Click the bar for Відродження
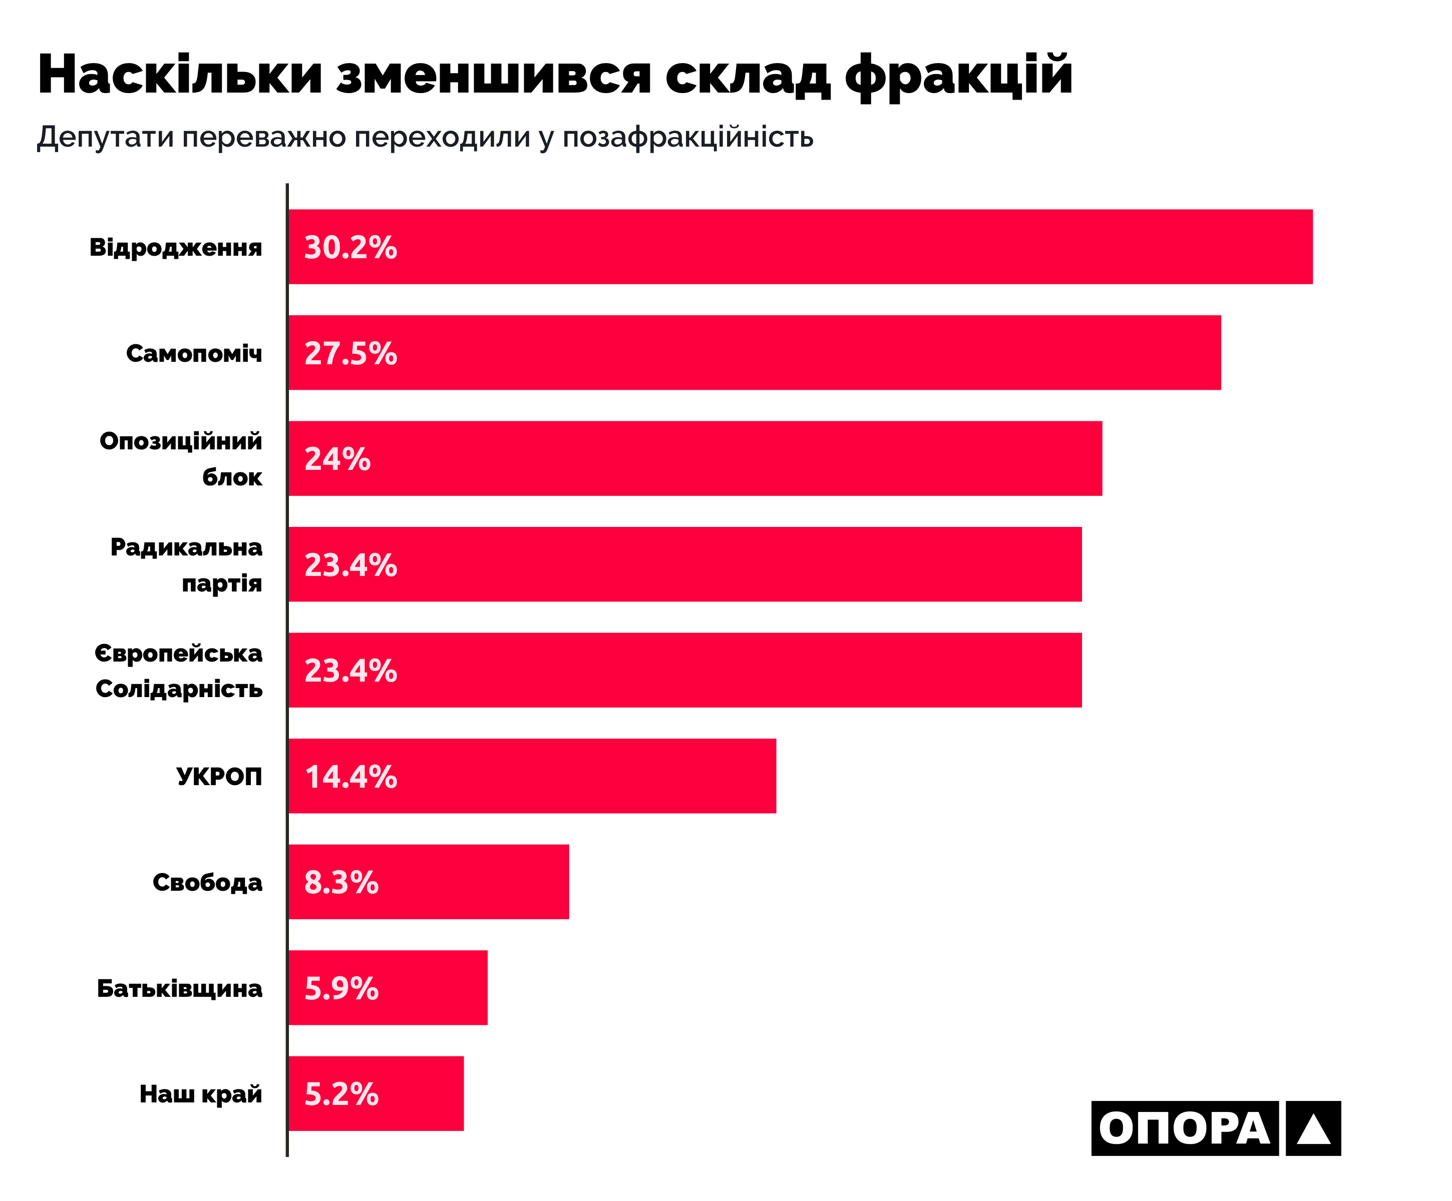click(x=800, y=247)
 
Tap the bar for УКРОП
click(x=532, y=776)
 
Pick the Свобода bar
click(x=428, y=882)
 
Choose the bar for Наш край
click(x=376, y=1093)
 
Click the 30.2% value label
click(x=350, y=247)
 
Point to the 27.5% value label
click(x=350, y=353)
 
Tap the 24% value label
click(x=337, y=459)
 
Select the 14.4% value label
click(x=350, y=777)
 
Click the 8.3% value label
click(x=341, y=882)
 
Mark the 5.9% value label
click(x=341, y=988)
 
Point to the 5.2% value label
click(x=341, y=1094)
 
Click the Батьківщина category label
click(x=179, y=988)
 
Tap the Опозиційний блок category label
click(x=181, y=459)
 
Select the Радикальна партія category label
click(x=187, y=564)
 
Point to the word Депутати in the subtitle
click(x=105, y=137)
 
